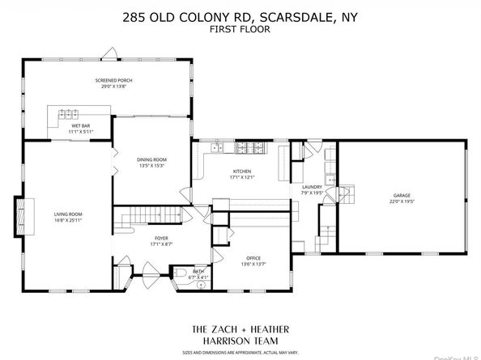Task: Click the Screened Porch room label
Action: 113,81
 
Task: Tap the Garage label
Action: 402,196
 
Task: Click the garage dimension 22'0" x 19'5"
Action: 402,201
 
